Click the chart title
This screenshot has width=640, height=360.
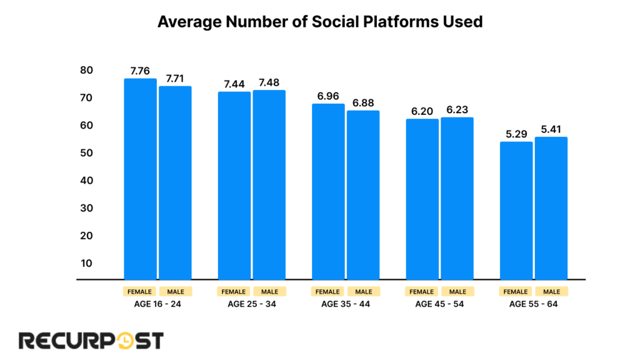pyautogui.click(x=320, y=21)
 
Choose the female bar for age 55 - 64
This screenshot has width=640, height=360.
pyautogui.click(x=516, y=211)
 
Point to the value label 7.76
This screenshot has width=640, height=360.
pyautogui.click(x=141, y=70)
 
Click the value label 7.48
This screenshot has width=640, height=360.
pyautogui.click(x=269, y=82)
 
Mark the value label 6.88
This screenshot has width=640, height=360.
pyautogui.click(x=363, y=102)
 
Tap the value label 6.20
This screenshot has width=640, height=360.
pyautogui.click(x=422, y=111)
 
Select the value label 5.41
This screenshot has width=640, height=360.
pyautogui.click(x=551, y=129)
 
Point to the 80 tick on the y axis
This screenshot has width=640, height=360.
pyautogui.click(x=86, y=70)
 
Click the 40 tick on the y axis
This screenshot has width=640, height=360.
pyautogui.click(x=86, y=181)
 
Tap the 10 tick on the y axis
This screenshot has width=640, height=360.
pyautogui.click(x=86, y=263)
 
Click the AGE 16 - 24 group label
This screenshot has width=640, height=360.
pyautogui.click(x=157, y=304)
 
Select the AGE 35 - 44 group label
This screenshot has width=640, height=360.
pyautogui.click(x=346, y=304)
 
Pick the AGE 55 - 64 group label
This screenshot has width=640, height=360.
pyautogui.click(x=533, y=304)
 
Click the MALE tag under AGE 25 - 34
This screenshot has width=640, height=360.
pyautogui.click(x=269, y=291)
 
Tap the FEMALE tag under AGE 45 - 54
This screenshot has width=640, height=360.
pyautogui.click(x=422, y=291)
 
